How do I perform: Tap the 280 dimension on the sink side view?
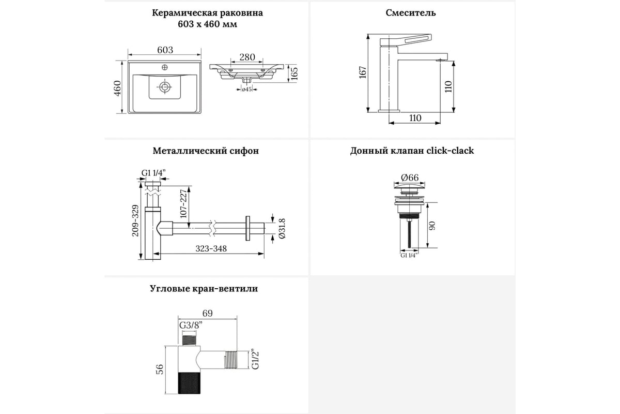point(247,57)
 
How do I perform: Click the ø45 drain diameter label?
point(246,90)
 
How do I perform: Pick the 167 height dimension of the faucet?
point(363,72)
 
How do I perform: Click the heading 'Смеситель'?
point(410,13)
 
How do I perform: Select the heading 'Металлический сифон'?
point(206,151)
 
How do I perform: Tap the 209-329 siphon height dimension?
point(135,219)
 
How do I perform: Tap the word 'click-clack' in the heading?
point(450,151)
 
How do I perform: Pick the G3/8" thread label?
point(191,326)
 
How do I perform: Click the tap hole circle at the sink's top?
point(165,67)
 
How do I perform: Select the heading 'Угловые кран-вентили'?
point(204,289)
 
